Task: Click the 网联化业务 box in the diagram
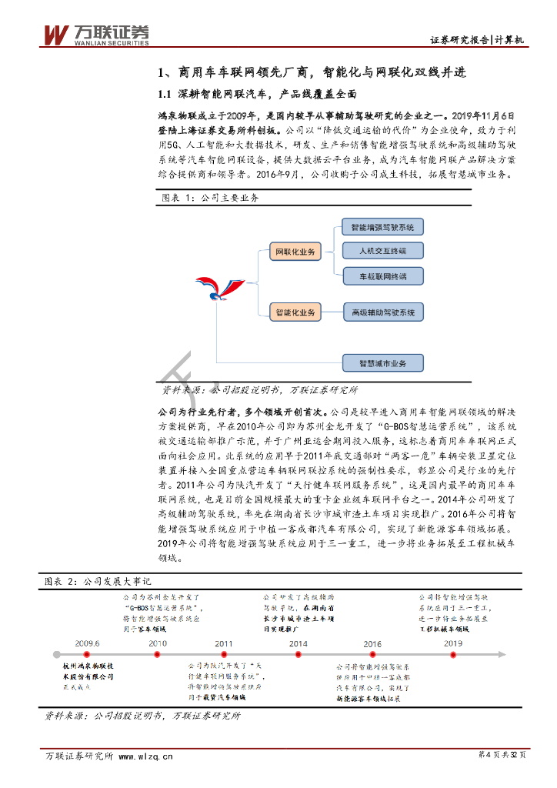[296, 252]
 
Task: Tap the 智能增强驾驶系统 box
[382, 228]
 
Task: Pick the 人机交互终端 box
[382, 251]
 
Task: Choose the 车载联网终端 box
[382, 275]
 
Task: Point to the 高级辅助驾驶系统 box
[382, 312]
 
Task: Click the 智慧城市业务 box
[382, 362]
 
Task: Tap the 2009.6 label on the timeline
[88, 643]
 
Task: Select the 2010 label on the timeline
[158, 643]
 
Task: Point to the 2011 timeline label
[224, 643]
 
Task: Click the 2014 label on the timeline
[299, 643]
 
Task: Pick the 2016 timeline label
[372, 643]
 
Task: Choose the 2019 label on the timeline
[453, 643]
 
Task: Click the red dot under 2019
[453, 654]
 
